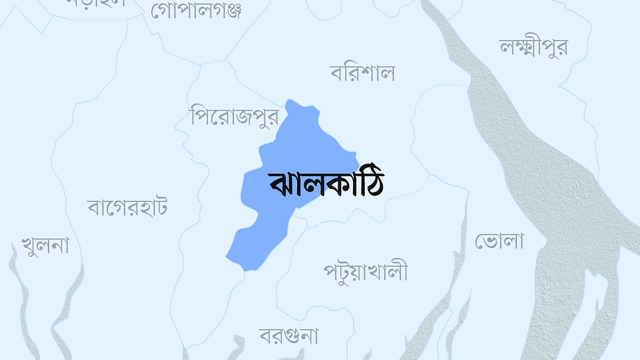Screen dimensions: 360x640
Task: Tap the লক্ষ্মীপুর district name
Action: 533,47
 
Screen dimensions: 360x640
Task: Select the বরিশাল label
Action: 362,73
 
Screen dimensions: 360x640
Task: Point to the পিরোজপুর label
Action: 235,115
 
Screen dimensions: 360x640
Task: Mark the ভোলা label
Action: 499,241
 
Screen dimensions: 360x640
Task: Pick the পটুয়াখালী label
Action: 365,271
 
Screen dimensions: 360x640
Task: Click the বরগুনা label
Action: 289,335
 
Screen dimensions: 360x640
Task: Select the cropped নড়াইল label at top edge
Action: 96,3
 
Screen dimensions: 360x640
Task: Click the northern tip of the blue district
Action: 290,101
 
